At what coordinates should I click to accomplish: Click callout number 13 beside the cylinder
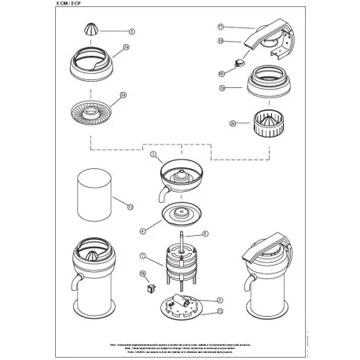[x=130, y=206]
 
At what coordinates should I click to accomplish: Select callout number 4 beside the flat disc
[x=143, y=231]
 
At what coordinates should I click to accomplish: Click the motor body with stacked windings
[x=182, y=265]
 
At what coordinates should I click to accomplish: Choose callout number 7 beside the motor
[x=142, y=255]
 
